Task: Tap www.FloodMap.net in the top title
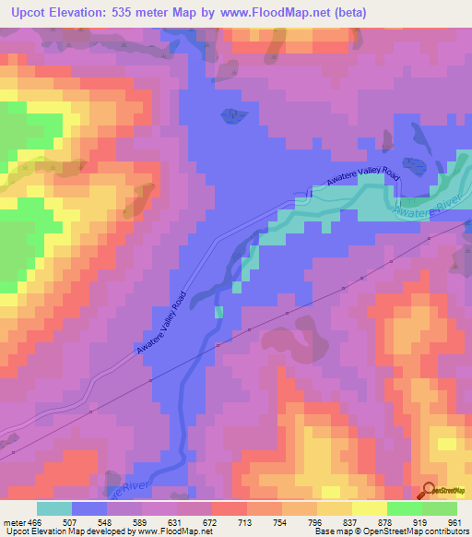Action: pyautogui.click(x=277, y=13)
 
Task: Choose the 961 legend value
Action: pyautogui.click(x=455, y=521)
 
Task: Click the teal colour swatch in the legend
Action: pyautogui.click(x=53, y=508)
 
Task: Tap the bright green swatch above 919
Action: pyautogui.click(x=404, y=508)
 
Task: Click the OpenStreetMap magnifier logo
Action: pyautogui.click(x=430, y=489)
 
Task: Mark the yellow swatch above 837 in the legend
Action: pyautogui.click(x=334, y=508)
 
